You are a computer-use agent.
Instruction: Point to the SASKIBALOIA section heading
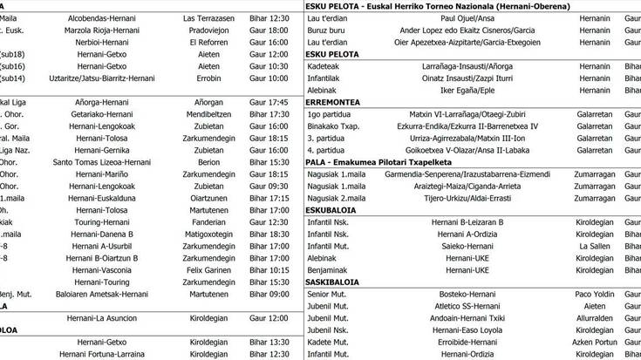(x=334, y=282)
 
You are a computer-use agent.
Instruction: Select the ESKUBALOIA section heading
(x=335, y=210)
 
